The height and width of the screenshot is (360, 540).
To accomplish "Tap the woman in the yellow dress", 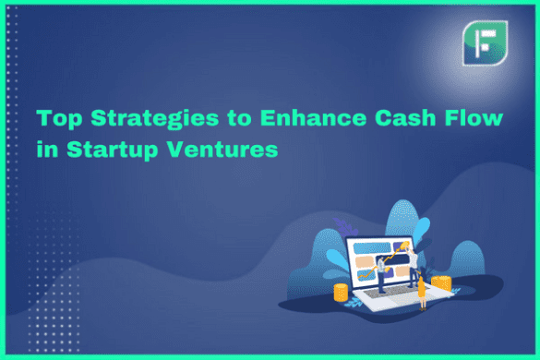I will (x=423, y=292).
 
